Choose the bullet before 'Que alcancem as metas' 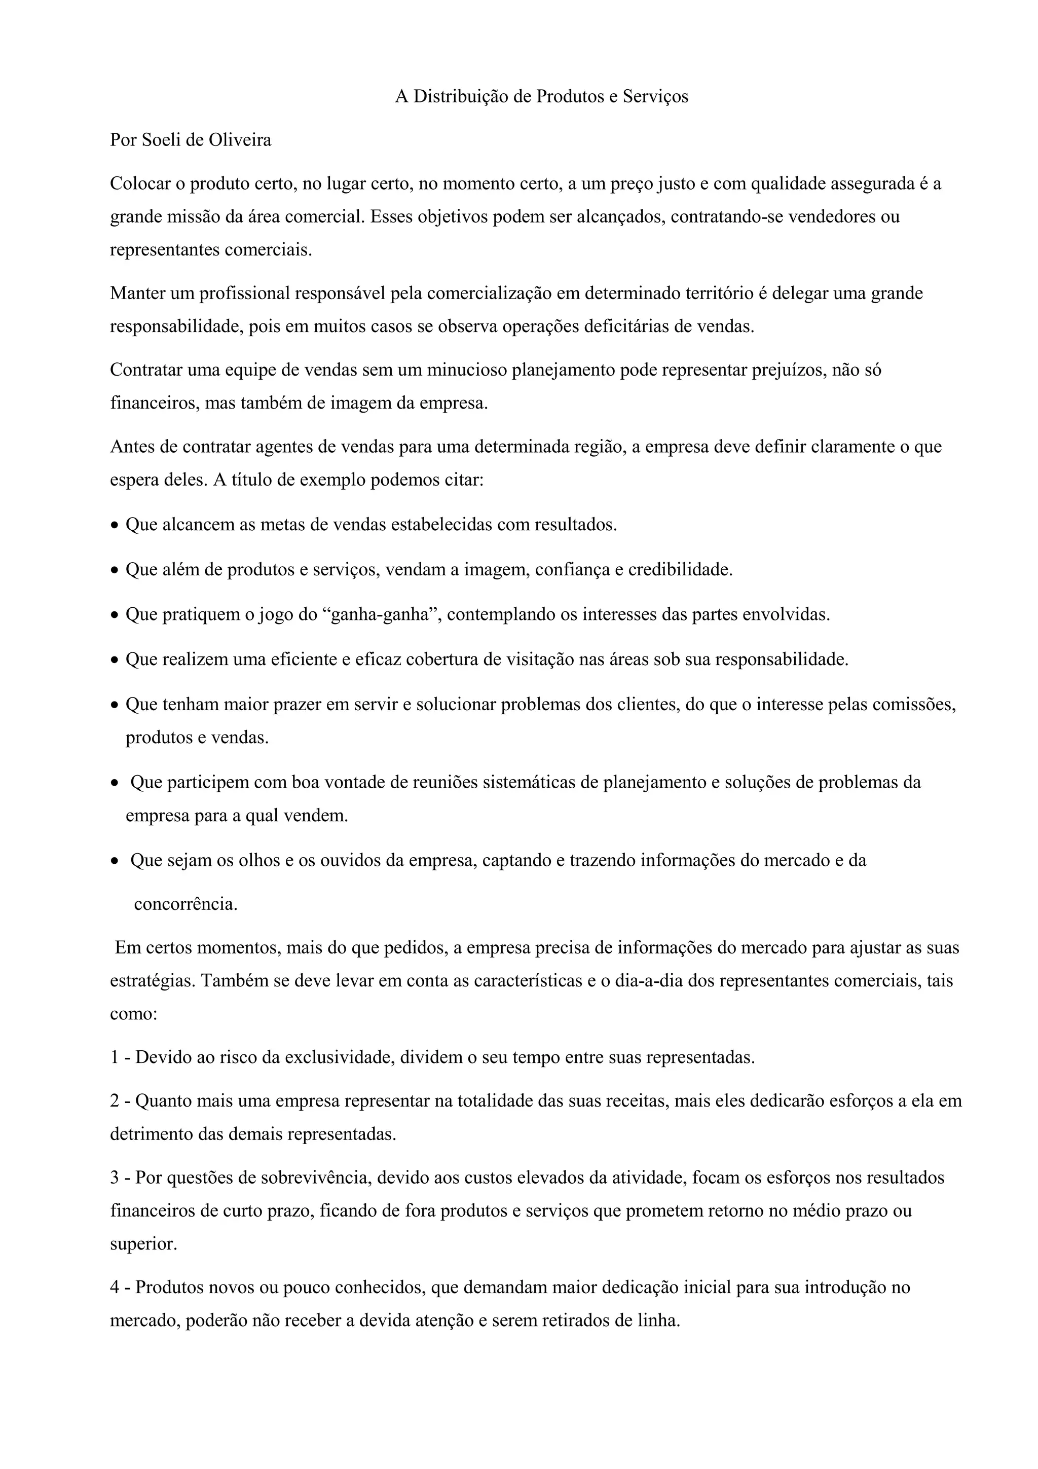115,527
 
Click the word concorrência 185,905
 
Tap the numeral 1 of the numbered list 115,1057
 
